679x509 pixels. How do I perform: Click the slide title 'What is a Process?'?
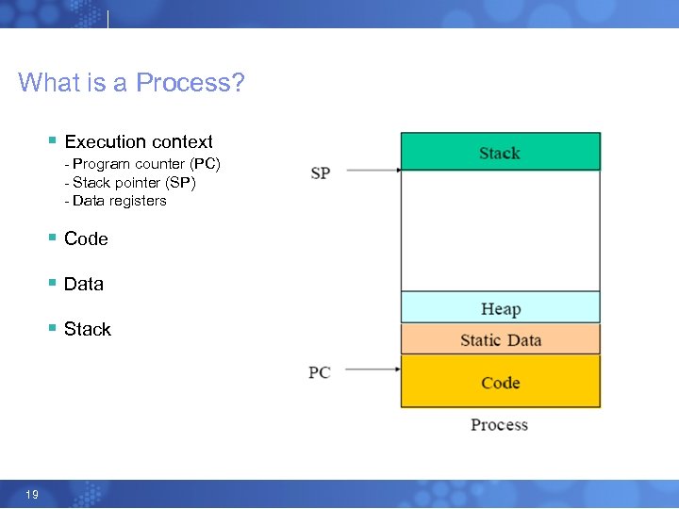point(131,83)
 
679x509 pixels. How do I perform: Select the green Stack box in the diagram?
point(500,152)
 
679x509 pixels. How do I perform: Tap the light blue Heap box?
point(500,308)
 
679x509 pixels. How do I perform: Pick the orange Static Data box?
point(500,339)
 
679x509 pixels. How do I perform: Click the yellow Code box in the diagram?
point(500,382)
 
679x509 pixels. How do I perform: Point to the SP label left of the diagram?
point(321,172)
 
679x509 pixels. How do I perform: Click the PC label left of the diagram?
point(319,372)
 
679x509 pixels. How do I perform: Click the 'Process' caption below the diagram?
point(499,425)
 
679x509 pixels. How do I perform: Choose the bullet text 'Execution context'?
point(139,142)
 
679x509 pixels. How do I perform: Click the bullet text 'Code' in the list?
point(86,239)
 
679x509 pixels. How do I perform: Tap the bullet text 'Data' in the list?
point(84,285)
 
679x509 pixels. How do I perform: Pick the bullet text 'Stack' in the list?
point(88,330)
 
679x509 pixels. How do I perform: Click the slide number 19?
point(32,495)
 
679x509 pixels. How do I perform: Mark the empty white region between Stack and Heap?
point(500,231)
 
